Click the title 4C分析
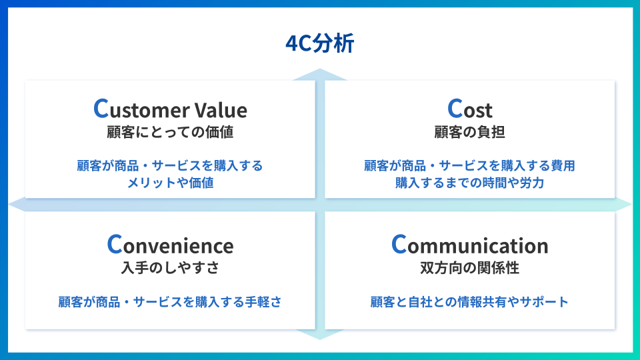[x=319, y=44]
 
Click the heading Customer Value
[x=170, y=109]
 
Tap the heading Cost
[x=469, y=109]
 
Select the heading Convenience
[x=170, y=245]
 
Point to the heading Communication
[x=469, y=245]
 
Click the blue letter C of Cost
[x=455, y=109]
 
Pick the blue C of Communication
[x=399, y=245]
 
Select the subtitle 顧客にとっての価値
[x=170, y=132]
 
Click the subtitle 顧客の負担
[x=469, y=132]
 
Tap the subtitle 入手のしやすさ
[x=170, y=268]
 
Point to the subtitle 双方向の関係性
[x=469, y=268]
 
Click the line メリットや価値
[x=170, y=182]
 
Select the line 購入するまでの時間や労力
[x=469, y=182]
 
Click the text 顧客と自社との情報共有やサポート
[x=469, y=302]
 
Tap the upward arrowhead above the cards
[x=320, y=74]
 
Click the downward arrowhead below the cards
[x=320, y=334]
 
